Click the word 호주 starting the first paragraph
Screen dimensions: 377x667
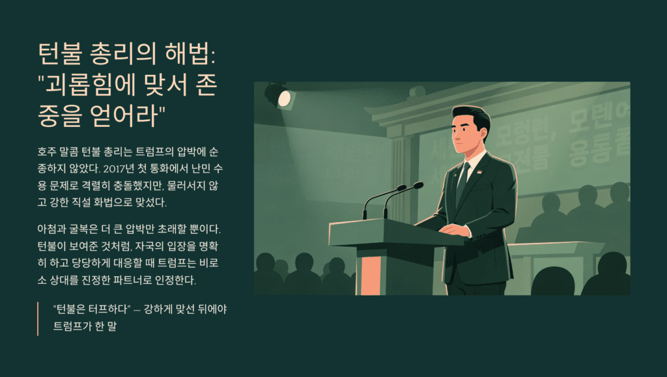point(47,153)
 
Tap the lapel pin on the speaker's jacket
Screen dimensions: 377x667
point(480,173)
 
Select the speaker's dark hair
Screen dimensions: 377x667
point(473,118)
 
